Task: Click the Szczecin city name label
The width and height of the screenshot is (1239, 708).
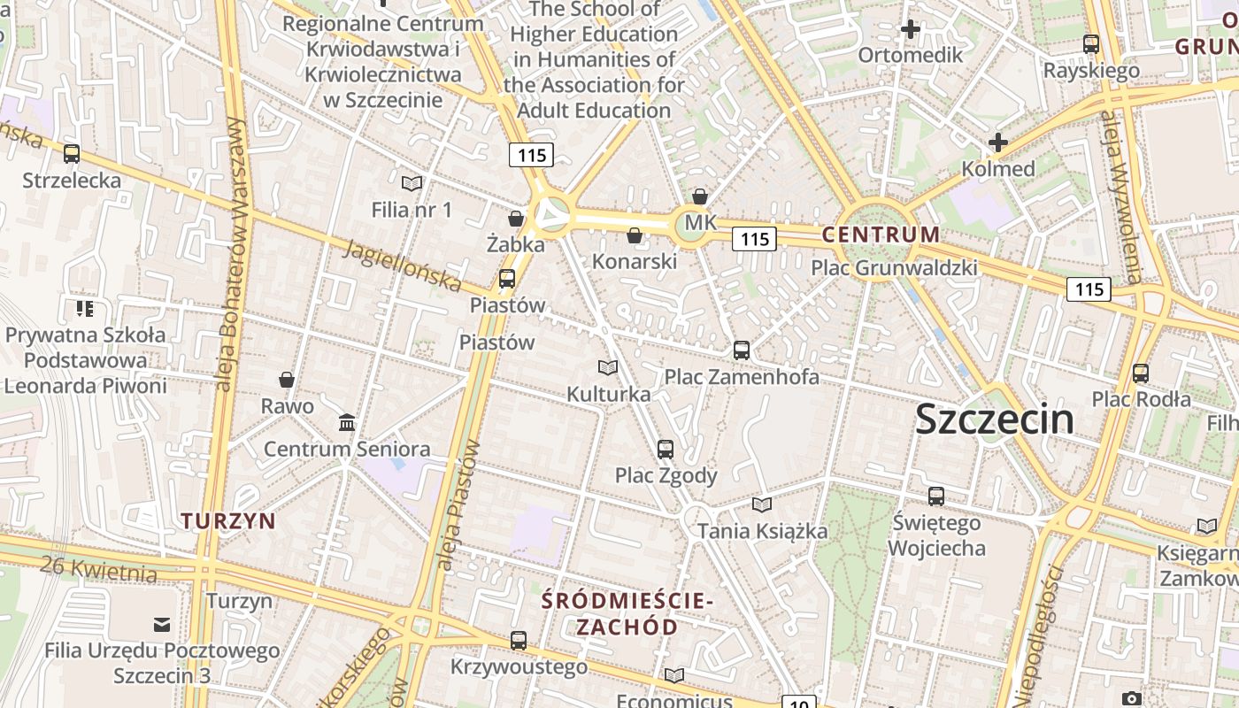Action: [x=995, y=419]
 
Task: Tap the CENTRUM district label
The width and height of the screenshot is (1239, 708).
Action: [x=881, y=235]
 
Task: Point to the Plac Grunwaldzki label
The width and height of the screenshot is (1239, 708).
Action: [x=894, y=267]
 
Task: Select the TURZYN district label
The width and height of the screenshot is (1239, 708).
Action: [x=229, y=520]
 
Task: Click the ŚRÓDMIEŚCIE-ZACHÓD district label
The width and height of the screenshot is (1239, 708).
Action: [x=627, y=613]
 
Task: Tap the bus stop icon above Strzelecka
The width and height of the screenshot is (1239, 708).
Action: [x=72, y=154]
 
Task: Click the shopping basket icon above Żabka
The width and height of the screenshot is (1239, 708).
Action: [x=516, y=218]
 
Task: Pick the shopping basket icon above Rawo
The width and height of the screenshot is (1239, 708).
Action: [x=287, y=380]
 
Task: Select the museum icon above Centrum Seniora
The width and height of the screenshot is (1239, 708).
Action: [x=347, y=422]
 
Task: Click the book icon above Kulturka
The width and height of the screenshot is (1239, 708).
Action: [x=608, y=367]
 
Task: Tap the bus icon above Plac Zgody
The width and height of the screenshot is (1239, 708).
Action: [x=666, y=449]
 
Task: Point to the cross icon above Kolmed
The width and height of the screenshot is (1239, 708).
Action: [x=998, y=142]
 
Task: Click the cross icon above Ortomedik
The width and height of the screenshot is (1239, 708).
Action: [x=910, y=29]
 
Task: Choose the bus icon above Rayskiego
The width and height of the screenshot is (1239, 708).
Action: [x=1091, y=43]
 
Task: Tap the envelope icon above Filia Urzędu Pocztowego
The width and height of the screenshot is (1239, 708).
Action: [x=162, y=625]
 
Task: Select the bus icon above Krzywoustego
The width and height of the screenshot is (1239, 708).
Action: [x=519, y=640]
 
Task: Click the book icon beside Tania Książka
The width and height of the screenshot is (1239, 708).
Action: [x=761, y=504]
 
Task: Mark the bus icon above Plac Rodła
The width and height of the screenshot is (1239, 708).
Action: [x=1141, y=373]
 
